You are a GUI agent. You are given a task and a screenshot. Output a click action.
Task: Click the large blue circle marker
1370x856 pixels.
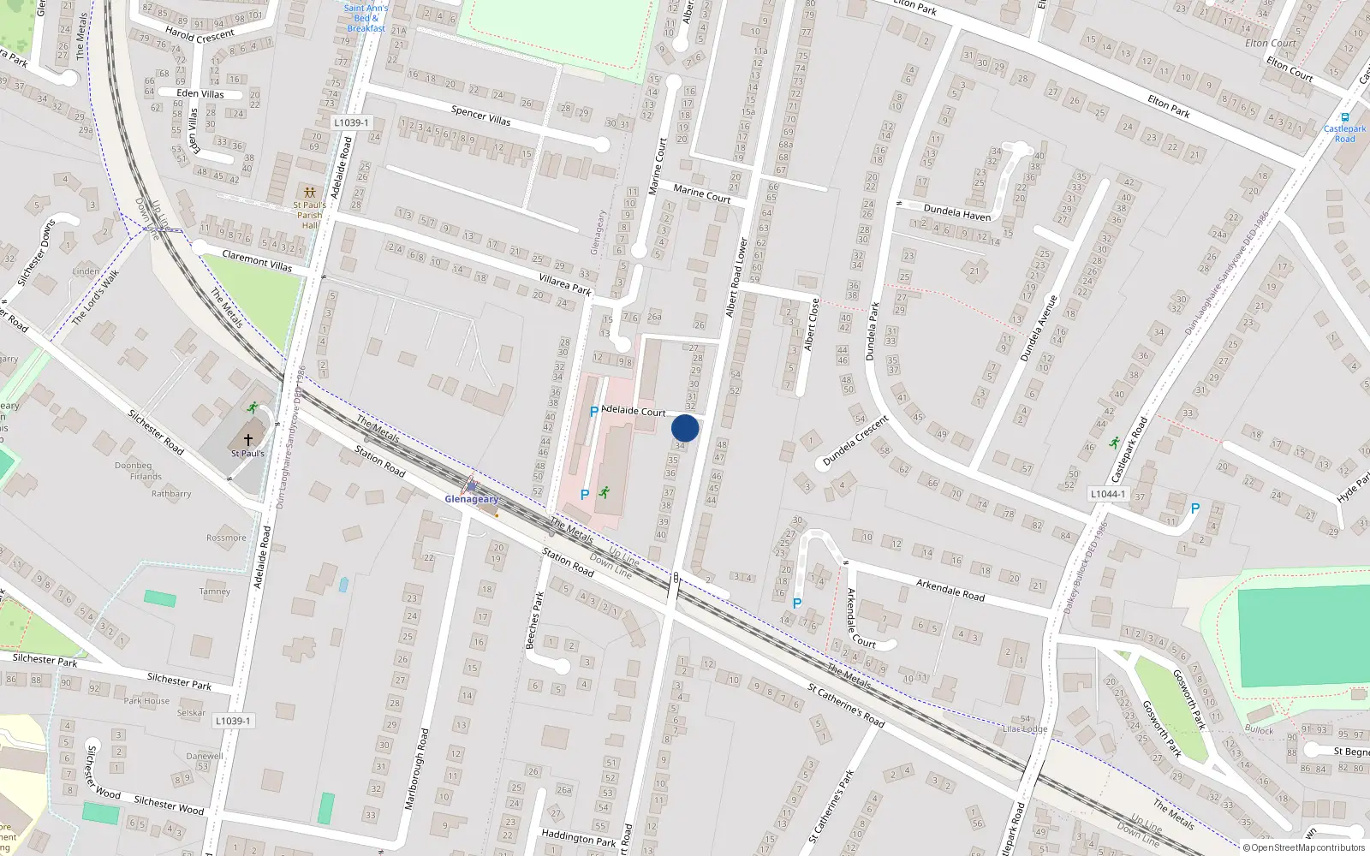[x=685, y=428]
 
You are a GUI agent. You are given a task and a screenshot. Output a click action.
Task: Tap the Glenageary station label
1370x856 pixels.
[x=471, y=499]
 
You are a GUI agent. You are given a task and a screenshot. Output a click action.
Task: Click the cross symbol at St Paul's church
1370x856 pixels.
[x=248, y=439]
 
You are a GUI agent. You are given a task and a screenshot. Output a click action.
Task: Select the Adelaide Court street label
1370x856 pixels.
[x=634, y=411]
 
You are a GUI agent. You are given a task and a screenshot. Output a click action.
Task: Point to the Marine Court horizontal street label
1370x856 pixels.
[x=701, y=193]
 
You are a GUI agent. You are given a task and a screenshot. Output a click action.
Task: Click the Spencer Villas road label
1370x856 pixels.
[x=480, y=115]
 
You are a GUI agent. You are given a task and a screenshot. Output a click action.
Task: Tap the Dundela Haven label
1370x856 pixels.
[x=956, y=212]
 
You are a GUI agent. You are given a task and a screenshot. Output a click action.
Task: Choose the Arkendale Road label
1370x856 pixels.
[x=950, y=590]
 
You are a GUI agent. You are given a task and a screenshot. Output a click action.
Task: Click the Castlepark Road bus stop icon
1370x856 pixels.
[x=1344, y=117]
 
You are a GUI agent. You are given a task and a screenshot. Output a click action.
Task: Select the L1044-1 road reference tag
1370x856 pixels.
[x=1107, y=494]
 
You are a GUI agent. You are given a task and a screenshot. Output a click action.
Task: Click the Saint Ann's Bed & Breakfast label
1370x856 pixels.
[x=366, y=18]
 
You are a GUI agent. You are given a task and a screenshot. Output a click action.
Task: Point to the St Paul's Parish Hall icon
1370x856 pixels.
[x=308, y=193]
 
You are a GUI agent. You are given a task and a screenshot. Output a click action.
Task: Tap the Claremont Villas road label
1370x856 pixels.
[x=257, y=260]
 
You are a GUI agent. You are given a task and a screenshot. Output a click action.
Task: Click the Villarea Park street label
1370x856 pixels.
[x=565, y=283]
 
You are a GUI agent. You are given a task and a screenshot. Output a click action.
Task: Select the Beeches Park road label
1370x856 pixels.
[x=533, y=621]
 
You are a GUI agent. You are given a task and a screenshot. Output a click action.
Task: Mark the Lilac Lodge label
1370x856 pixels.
[x=1025, y=729]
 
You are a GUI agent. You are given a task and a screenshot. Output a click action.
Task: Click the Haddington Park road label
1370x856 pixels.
[x=578, y=837]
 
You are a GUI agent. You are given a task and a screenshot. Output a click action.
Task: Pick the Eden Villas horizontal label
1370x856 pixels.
[x=200, y=93]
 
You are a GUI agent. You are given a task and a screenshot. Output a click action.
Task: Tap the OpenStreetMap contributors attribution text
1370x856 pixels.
[x=1307, y=847]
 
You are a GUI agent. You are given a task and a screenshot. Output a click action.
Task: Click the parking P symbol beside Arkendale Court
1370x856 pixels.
[x=796, y=603]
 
